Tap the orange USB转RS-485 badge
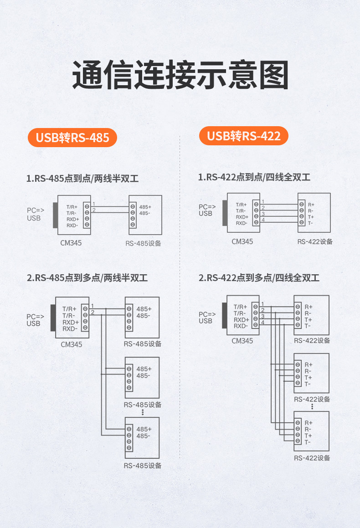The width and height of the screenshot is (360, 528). point(72,137)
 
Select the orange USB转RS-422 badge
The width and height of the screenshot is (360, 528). point(244,136)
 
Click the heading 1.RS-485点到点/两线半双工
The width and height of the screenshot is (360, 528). point(82,179)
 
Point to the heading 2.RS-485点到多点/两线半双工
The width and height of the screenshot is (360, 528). point(87,277)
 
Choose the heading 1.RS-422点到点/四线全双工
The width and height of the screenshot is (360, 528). point(254,177)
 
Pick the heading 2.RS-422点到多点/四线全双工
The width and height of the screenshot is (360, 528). point(259,277)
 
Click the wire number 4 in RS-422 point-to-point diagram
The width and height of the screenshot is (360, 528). point(263,220)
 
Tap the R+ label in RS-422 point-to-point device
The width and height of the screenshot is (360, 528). point(311,205)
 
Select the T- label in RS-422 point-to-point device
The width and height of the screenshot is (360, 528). point(310,223)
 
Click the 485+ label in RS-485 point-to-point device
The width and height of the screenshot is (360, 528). point(145,207)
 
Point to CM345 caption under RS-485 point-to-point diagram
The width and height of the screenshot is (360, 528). point(71,243)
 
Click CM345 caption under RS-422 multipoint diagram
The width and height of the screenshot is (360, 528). point(242,341)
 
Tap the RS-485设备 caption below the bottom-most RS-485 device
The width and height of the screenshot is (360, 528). point(143,466)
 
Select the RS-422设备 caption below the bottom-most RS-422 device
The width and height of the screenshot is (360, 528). point(312,458)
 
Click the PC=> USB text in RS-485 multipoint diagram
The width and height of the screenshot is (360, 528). point(35,320)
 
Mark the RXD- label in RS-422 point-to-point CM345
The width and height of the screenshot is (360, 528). point(242,223)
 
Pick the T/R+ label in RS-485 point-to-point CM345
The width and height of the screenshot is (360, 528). point(72,207)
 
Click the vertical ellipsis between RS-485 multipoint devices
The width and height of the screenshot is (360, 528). point(143,412)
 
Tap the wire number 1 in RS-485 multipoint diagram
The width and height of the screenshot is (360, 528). point(93,306)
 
